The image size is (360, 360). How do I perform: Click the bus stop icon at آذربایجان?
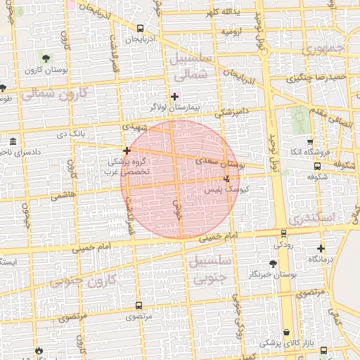pos(140,29)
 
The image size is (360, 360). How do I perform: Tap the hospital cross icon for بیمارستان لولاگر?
pos(174,96)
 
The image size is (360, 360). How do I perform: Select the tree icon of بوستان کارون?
pos(46,59)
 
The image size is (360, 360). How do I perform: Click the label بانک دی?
pos(73,133)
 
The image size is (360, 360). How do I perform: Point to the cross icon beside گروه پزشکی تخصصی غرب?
pos(127,150)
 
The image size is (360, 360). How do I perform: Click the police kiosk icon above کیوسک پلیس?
pos(226,179)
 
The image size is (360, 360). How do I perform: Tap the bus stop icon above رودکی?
pos(283,233)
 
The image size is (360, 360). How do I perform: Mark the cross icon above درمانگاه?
pos(321,248)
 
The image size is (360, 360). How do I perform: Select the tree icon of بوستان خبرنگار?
pos(273,264)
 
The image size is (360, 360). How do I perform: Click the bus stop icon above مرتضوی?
pos(139,306)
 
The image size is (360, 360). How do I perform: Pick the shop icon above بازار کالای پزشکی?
pos(286,333)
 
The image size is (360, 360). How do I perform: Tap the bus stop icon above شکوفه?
pos(317,167)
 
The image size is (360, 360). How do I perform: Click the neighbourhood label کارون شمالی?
pos(53,93)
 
